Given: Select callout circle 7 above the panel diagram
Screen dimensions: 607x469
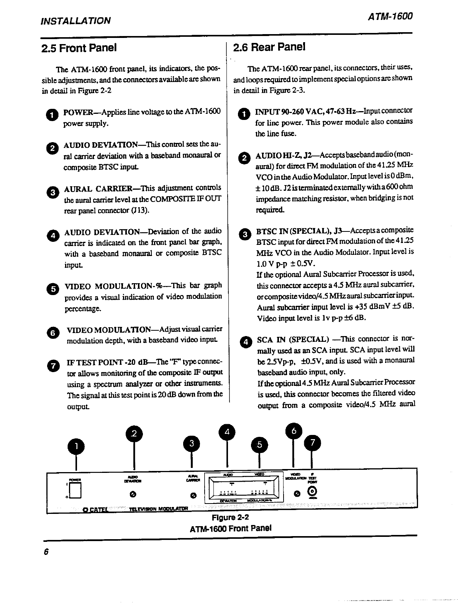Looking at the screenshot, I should [312, 443].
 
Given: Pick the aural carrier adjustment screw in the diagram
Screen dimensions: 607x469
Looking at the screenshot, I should [193, 495].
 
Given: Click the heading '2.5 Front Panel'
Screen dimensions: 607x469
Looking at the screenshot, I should [79, 48].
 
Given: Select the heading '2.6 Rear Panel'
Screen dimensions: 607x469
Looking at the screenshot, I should [269, 47].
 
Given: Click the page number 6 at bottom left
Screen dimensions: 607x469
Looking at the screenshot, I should [46, 552].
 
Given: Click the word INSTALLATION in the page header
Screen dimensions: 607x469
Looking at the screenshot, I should [75, 20].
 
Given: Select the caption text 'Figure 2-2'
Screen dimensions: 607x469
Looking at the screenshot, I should [231, 518].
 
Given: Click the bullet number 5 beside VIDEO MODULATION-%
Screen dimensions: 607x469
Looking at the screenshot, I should [54, 289].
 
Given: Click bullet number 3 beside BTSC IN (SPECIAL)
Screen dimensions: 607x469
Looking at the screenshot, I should [244, 234].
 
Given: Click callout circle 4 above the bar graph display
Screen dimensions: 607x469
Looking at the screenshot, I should [227, 432].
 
